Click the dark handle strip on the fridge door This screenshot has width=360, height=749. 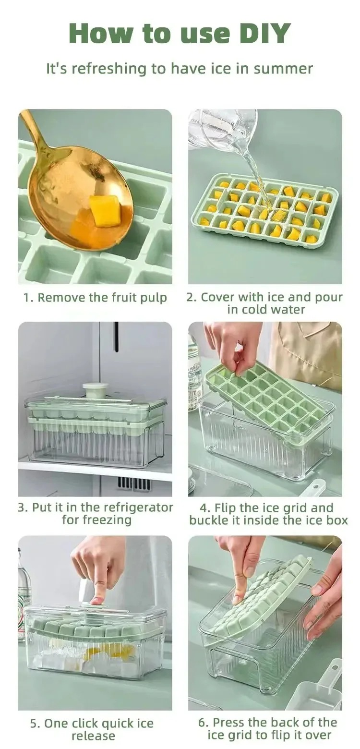pyautogui.click(x=116, y=337)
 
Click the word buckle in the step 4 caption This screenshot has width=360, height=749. pyautogui.click(x=209, y=520)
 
